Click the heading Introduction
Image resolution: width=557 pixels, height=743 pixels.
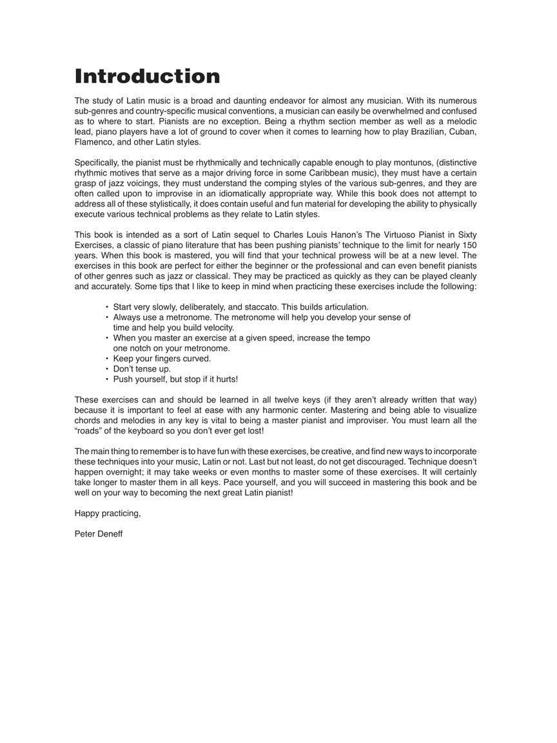click(x=147, y=76)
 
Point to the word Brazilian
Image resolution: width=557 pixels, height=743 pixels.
click(x=404, y=132)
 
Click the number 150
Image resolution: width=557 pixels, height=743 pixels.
click(x=469, y=245)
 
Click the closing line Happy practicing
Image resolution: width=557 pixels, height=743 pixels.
click(x=108, y=513)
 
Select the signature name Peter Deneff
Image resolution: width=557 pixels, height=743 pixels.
click(x=99, y=534)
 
